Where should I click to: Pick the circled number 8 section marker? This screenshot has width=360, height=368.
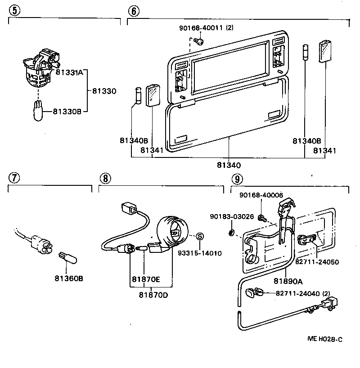104,178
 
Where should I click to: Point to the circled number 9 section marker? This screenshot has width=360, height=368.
236,178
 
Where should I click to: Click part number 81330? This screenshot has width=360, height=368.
104,91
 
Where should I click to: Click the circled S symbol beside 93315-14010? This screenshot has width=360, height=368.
201,237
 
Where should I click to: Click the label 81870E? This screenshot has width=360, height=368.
146,279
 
